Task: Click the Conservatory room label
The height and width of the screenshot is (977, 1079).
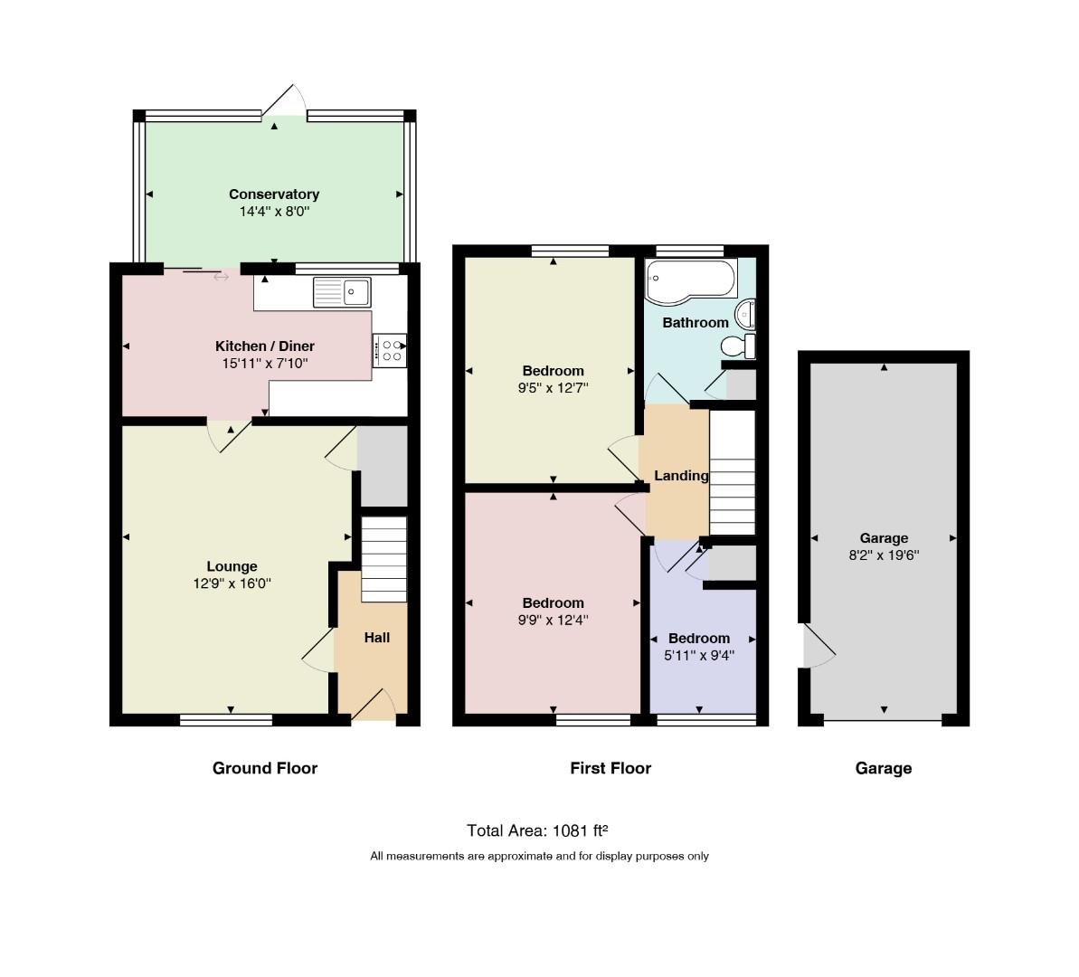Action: coord(274,194)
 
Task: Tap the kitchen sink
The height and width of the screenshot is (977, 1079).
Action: coord(342,292)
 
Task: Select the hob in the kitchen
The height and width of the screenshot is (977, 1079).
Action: coord(390,350)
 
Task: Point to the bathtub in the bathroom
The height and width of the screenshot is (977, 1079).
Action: coord(692,281)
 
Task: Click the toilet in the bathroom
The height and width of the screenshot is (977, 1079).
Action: coord(738,346)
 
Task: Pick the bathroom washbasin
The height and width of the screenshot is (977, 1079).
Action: coord(746,315)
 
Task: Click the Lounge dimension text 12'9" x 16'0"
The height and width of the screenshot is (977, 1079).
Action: coord(232,583)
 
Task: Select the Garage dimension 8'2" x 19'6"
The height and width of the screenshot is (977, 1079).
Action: coord(884,555)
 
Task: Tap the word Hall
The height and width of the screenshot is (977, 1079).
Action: coord(377,638)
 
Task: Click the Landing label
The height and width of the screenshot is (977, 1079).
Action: coord(681,476)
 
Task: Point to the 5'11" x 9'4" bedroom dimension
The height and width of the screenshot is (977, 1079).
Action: coord(699,656)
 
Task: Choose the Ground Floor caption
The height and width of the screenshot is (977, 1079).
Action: coord(265,768)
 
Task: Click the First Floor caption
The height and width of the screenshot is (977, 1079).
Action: coord(610,768)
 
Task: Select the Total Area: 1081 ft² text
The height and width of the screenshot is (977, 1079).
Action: coord(537,830)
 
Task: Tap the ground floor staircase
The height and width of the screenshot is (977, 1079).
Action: coord(384,559)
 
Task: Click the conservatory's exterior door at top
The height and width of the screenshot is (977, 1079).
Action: coord(284,101)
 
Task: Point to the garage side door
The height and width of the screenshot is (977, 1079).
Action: coord(819,646)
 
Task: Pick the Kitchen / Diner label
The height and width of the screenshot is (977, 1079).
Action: coord(265,346)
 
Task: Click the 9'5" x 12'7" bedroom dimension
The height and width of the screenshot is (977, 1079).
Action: coord(554,387)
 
